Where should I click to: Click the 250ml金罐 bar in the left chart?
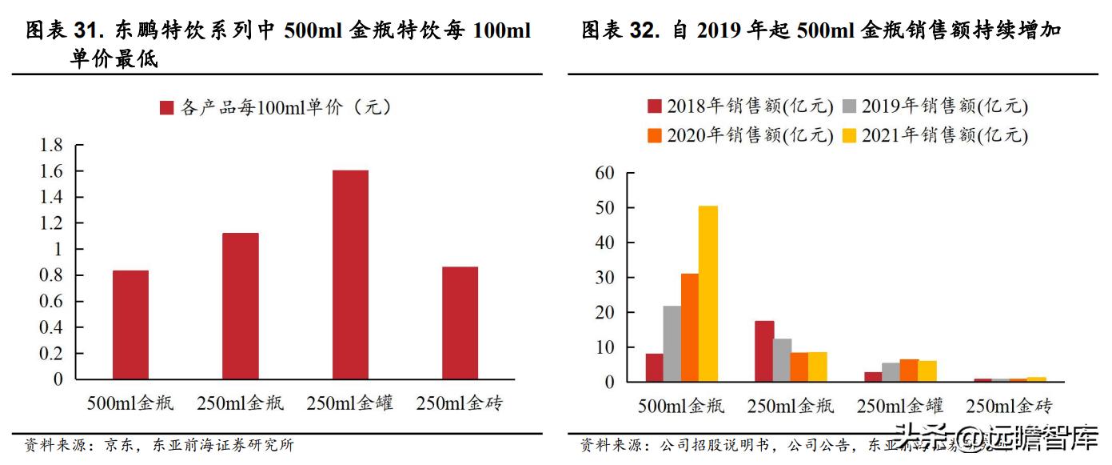pos(350,275)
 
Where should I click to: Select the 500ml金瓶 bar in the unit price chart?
pos(130,324)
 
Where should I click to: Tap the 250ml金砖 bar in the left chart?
pos(460,323)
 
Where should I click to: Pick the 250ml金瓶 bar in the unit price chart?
pos(241,306)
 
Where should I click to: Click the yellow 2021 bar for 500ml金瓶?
pos(708,294)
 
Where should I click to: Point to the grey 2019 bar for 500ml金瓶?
pos(672,343)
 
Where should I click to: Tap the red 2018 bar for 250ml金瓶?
pos(764,351)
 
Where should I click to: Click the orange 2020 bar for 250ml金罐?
pos(909,371)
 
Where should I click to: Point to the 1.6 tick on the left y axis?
pos(52,171)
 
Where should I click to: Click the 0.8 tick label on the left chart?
pos(52,275)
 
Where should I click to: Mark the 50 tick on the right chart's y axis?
pos(605,208)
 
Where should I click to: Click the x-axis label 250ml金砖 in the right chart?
pos(1010,405)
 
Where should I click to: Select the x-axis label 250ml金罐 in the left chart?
pos(350,403)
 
